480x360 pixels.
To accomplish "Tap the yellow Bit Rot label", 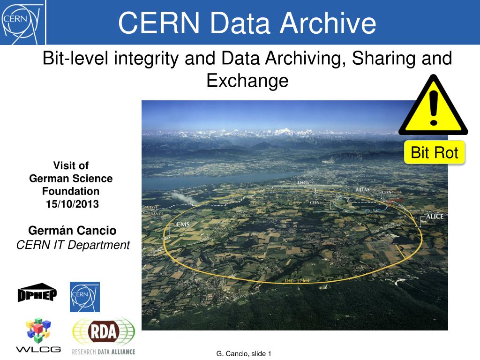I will (434, 152).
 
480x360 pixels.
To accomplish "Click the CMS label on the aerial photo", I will (182, 225).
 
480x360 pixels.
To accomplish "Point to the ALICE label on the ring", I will (434, 217).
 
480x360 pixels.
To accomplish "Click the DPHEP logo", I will (37, 293).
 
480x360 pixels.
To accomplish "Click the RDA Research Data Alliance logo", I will (104, 336).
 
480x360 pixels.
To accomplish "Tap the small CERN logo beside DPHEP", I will (85, 297).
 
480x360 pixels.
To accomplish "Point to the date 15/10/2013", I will (72, 204).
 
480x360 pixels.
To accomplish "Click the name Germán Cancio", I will (72, 230).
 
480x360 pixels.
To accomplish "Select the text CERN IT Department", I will (73, 245).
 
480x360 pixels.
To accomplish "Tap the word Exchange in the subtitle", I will (247, 81).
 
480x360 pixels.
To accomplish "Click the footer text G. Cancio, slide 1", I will (244, 354).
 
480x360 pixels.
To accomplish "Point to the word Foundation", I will (71, 191).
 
